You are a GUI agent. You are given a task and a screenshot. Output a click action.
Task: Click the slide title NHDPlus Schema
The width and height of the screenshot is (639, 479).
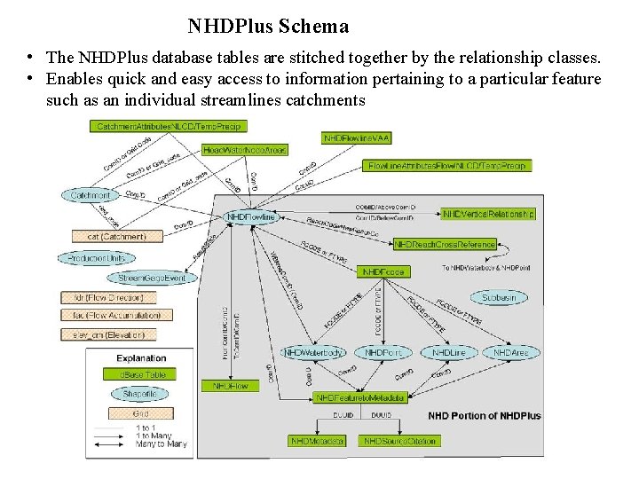(x=268, y=27)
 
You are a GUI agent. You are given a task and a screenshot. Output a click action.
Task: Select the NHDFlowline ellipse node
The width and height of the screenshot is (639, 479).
(x=252, y=216)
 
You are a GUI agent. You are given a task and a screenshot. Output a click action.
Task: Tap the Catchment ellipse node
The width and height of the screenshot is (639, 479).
(x=90, y=195)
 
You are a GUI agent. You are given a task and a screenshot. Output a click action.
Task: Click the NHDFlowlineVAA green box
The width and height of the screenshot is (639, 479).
(x=357, y=138)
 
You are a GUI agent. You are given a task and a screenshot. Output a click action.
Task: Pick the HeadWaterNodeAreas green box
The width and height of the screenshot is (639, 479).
(x=245, y=150)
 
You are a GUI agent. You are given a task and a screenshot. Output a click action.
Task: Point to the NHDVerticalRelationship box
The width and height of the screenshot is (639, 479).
(x=488, y=214)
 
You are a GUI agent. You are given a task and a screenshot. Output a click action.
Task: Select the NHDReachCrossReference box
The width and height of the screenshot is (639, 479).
(x=445, y=244)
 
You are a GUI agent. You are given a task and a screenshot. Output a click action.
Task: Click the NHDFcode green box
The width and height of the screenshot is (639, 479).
(x=383, y=271)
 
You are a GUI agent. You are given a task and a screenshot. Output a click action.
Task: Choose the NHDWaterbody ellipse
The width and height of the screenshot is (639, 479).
(x=313, y=353)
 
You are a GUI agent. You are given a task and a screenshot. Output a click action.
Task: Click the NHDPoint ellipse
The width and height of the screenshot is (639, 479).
(x=383, y=353)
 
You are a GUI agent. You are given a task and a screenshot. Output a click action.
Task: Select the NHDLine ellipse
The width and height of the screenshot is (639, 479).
(x=448, y=353)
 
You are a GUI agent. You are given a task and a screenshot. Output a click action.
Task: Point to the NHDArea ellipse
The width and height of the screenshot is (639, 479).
(x=511, y=353)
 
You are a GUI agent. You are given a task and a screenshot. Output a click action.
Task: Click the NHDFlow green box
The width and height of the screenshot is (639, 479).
(x=230, y=386)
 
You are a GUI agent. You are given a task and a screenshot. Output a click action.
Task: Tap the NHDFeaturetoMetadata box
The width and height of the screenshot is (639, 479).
(x=360, y=397)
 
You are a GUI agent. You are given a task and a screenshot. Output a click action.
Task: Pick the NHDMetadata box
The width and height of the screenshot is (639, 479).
(x=317, y=441)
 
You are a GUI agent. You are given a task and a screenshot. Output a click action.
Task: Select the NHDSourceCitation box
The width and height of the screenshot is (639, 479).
(x=398, y=441)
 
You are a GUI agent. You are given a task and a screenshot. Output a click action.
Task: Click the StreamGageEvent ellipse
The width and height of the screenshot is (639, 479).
(x=152, y=278)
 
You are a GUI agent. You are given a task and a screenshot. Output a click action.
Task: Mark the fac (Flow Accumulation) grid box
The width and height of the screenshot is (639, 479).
(x=111, y=315)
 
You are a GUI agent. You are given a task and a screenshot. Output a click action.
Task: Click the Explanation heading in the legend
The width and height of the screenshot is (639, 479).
(x=141, y=358)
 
